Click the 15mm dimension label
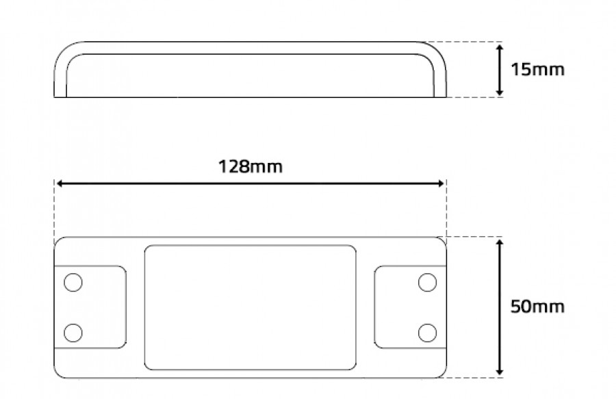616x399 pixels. pyautogui.click(x=537, y=70)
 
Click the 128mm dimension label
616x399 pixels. pyautogui.click(x=251, y=166)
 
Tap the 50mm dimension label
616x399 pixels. pyautogui.click(x=537, y=307)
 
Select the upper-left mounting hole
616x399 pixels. pyautogui.click(x=73, y=283)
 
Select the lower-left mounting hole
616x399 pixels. pyautogui.click(x=73, y=333)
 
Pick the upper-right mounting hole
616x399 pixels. pyautogui.click(x=427, y=283)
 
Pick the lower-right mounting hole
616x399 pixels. pyautogui.click(x=427, y=333)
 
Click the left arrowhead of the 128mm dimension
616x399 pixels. pyautogui.click(x=60, y=183)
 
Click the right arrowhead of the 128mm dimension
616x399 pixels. pyautogui.click(x=440, y=183)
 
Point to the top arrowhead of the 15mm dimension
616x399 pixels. pyautogui.click(x=500, y=47)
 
